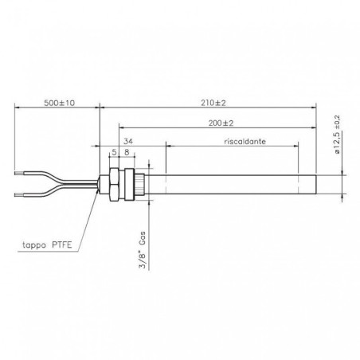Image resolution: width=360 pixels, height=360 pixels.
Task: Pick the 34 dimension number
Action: pos(131,140)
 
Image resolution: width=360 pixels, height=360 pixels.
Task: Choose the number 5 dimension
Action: pos(114,152)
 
